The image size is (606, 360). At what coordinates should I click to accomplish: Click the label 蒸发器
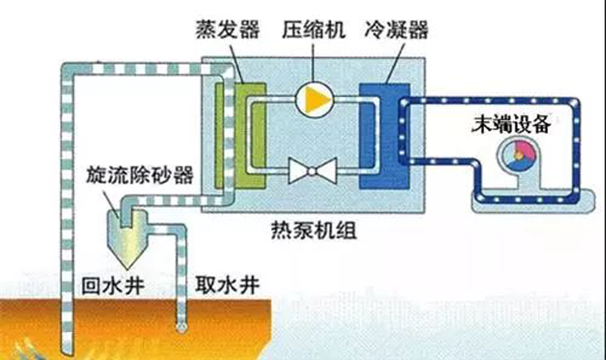(227, 30)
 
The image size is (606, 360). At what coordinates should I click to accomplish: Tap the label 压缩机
(313, 30)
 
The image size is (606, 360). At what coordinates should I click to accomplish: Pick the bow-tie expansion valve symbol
(313, 170)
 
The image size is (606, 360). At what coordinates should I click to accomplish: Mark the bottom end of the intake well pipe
(180, 328)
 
